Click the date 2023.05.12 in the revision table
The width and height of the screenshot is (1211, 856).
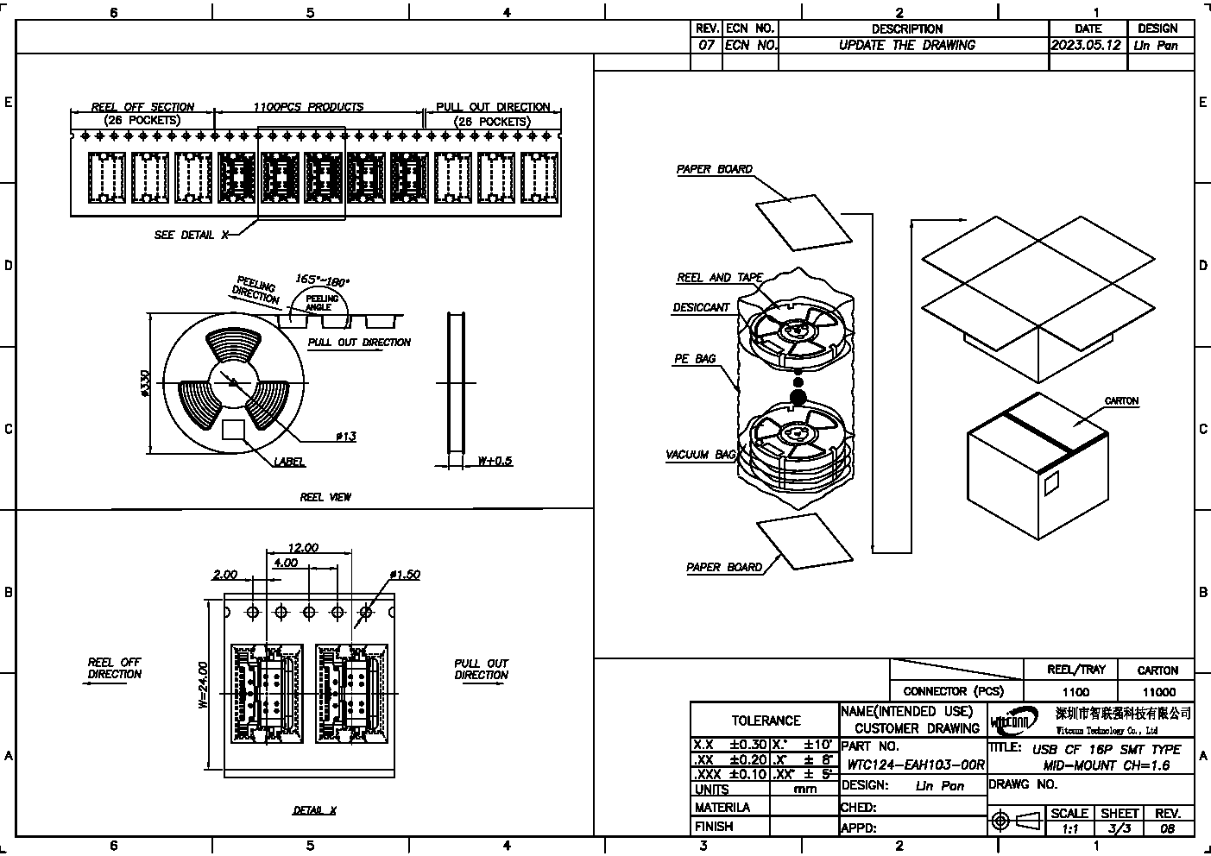click(x=1088, y=45)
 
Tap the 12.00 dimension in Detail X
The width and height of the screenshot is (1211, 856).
click(x=303, y=547)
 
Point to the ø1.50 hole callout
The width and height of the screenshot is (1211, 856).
click(x=405, y=574)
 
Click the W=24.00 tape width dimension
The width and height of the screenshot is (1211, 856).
click(x=203, y=685)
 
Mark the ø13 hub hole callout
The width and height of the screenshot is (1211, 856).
click(x=345, y=437)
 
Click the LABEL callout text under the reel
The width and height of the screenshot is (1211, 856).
click(x=289, y=462)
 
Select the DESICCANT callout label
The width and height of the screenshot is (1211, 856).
click(x=701, y=307)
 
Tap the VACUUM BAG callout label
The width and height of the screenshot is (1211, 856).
click(x=700, y=455)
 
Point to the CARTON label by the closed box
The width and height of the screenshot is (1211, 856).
click(x=1121, y=401)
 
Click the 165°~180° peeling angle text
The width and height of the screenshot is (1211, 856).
click(x=323, y=280)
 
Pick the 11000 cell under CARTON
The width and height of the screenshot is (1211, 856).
click(x=1157, y=691)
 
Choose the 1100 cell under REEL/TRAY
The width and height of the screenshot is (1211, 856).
click(x=1075, y=691)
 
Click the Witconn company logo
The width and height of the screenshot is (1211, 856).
click(x=1015, y=720)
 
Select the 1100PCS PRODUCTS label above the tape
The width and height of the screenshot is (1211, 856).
click(x=308, y=107)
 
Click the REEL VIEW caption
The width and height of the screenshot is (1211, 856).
click(x=325, y=497)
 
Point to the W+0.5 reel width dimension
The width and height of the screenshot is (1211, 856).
click(x=495, y=461)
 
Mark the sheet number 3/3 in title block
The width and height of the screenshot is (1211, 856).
click(x=1120, y=828)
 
